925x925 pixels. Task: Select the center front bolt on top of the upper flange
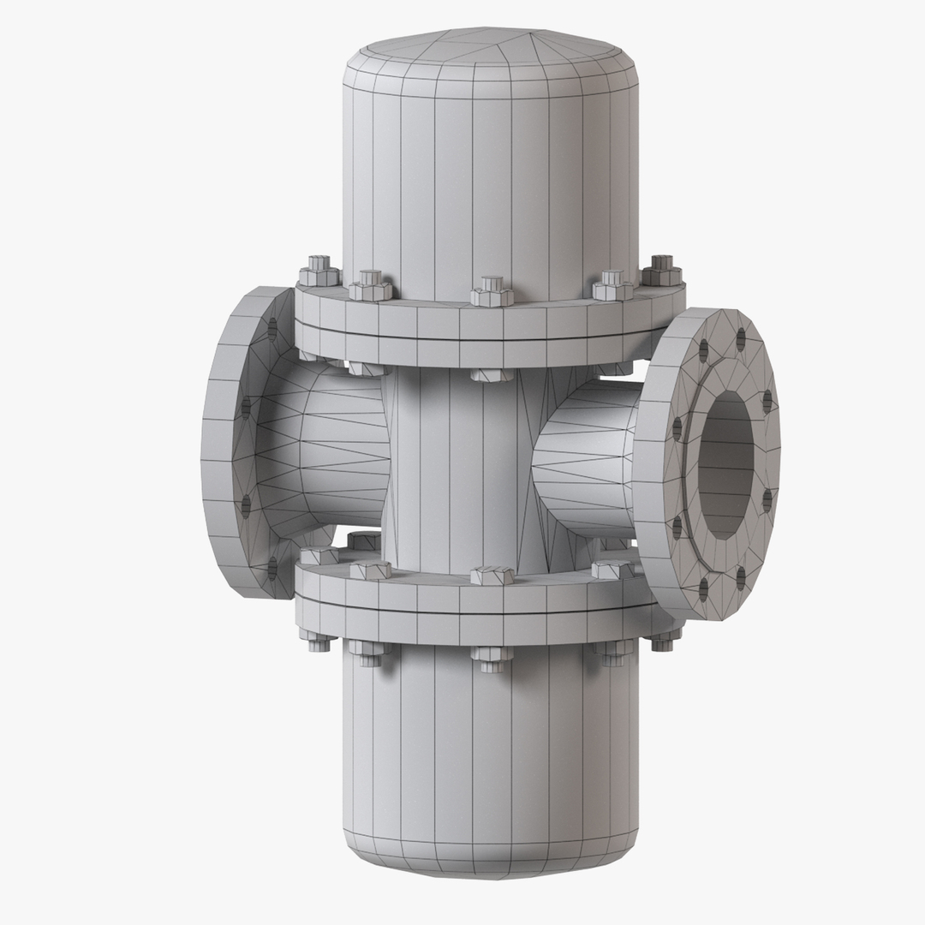point(492,291)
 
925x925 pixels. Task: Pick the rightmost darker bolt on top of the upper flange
point(661,271)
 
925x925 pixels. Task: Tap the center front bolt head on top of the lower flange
point(492,575)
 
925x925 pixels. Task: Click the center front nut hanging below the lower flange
point(492,654)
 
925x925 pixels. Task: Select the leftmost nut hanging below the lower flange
point(317,640)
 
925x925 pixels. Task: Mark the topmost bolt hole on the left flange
point(272,328)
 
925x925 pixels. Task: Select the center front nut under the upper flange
point(492,375)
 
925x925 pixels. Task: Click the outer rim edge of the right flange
point(651,462)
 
